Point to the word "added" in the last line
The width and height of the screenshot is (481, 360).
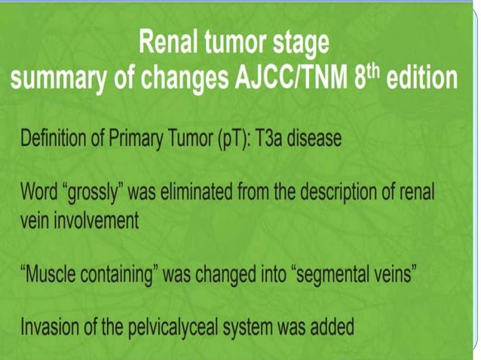click(x=331, y=327)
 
